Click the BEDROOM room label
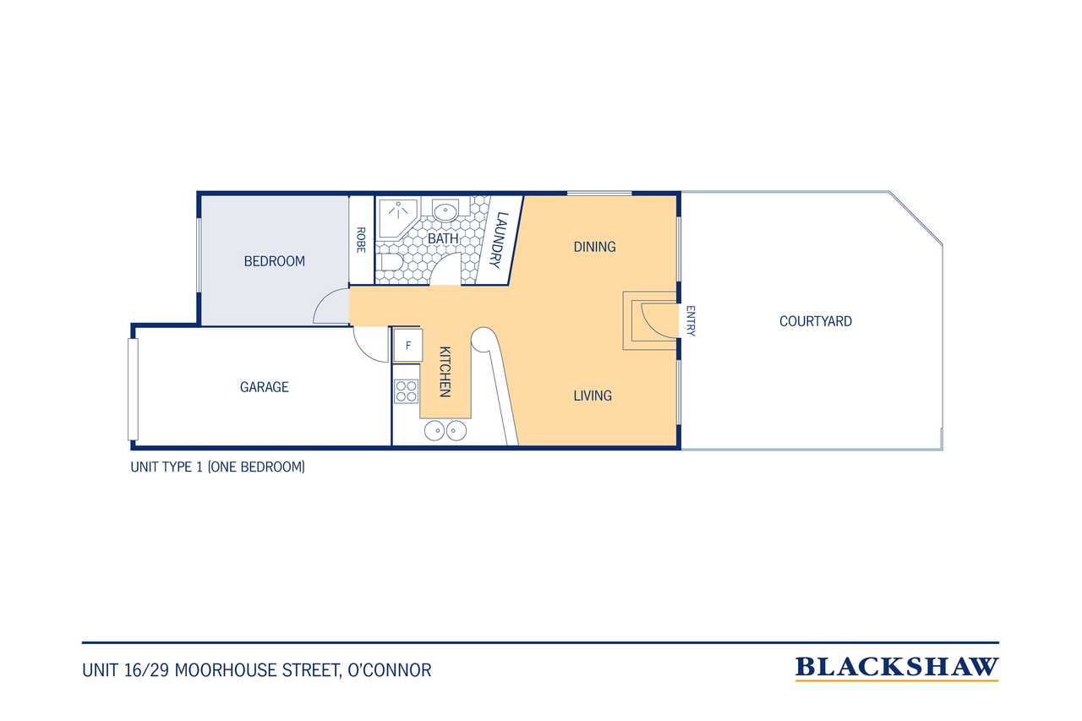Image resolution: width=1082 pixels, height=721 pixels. point(275,261)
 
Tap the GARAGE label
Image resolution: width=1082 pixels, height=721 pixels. point(265,387)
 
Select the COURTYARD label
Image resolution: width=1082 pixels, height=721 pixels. point(816,321)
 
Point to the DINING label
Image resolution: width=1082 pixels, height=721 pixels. point(594,247)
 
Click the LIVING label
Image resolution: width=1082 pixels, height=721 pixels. point(593,396)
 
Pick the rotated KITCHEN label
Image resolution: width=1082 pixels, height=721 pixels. point(445,372)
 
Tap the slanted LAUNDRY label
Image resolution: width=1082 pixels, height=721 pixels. point(499,239)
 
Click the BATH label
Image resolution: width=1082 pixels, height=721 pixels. point(443,238)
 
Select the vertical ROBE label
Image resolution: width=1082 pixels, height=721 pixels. point(361,240)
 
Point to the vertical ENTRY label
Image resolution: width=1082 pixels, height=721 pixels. point(691,320)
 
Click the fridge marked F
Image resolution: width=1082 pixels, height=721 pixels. point(407,346)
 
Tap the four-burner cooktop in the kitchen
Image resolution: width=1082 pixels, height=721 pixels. point(407,391)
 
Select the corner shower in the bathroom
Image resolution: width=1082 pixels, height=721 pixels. point(398,219)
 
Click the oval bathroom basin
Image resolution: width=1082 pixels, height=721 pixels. point(445,211)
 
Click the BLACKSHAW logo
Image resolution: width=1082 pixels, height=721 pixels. point(897,669)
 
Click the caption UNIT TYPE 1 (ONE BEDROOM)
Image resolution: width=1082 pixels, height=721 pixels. point(218,467)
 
